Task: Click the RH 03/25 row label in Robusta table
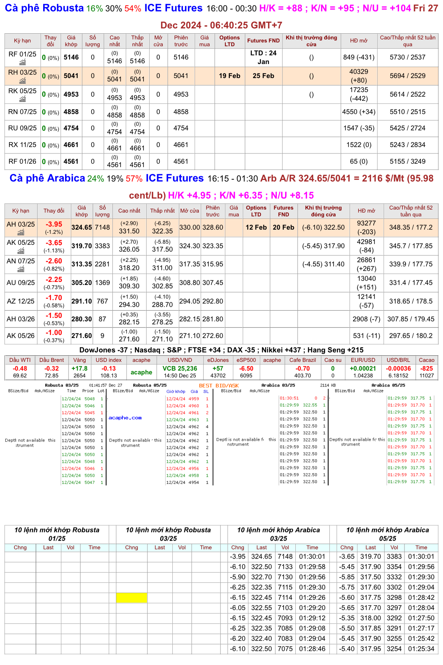point(22,72)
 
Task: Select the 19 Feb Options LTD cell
point(229,76)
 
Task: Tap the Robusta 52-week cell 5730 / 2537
point(407,57)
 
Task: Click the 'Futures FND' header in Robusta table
point(263,41)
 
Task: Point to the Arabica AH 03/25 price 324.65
point(81,227)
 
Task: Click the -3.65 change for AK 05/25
point(54,243)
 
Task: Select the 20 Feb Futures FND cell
point(283,227)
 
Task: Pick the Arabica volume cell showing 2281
point(102,264)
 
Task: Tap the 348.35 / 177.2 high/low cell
point(410,227)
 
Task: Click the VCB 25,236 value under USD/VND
point(180,368)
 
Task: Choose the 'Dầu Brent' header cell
point(51,360)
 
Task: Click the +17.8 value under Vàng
point(80,368)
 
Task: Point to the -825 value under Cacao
point(426,368)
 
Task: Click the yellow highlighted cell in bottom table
point(131,598)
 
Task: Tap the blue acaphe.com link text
point(125,418)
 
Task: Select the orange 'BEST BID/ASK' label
point(219,385)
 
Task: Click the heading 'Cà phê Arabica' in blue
point(47,178)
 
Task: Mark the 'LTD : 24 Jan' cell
point(263,57)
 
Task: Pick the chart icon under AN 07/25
point(21,269)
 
